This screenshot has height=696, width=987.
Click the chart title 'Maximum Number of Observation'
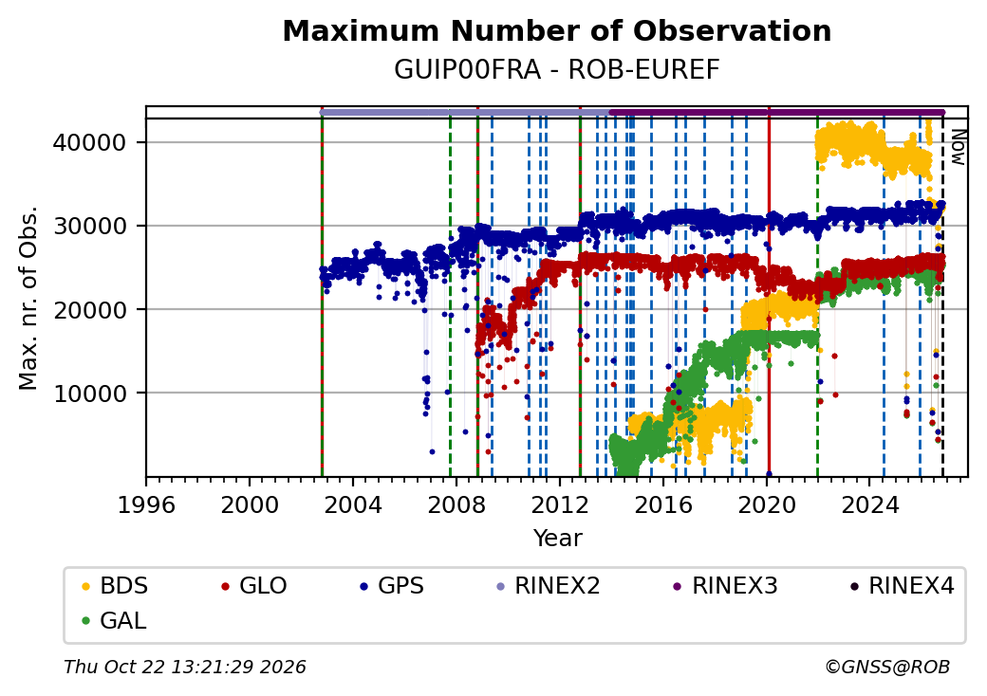point(556,30)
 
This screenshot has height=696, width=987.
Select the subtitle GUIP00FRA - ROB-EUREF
point(556,70)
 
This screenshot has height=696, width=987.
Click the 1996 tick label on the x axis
point(146,504)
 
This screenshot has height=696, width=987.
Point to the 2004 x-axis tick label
point(352,504)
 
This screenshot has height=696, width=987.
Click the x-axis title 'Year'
point(558,539)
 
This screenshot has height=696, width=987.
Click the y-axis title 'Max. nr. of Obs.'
point(28,298)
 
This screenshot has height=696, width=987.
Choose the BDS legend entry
point(115,586)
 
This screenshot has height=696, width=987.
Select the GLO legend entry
point(254,586)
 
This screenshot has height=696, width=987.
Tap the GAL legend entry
point(115,620)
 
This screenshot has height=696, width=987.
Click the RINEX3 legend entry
point(726,586)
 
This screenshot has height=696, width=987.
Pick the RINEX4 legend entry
point(902,586)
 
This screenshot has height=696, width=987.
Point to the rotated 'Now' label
point(958,147)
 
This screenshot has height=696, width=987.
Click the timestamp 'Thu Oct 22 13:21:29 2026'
point(185,667)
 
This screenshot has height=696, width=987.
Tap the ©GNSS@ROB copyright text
point(887,667)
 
